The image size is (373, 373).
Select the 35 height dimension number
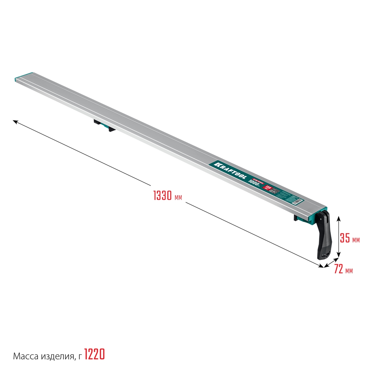point(345,238)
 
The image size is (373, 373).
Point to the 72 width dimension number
point(338,269)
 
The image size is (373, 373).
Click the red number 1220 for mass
point(94,353)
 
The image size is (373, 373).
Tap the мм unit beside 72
point(349,270)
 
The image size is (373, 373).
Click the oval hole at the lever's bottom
point(324,255)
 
